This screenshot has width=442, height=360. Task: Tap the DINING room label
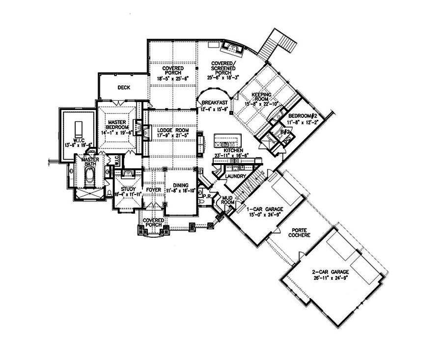180,185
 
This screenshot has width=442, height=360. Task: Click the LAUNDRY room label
235,175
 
